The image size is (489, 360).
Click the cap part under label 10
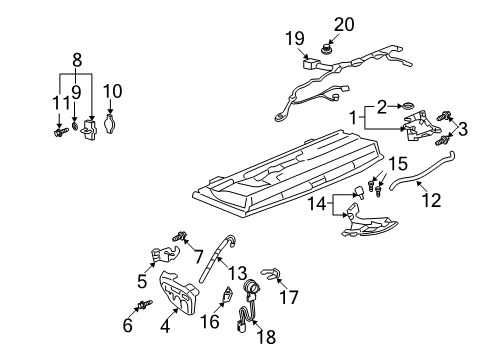point(111,126)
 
